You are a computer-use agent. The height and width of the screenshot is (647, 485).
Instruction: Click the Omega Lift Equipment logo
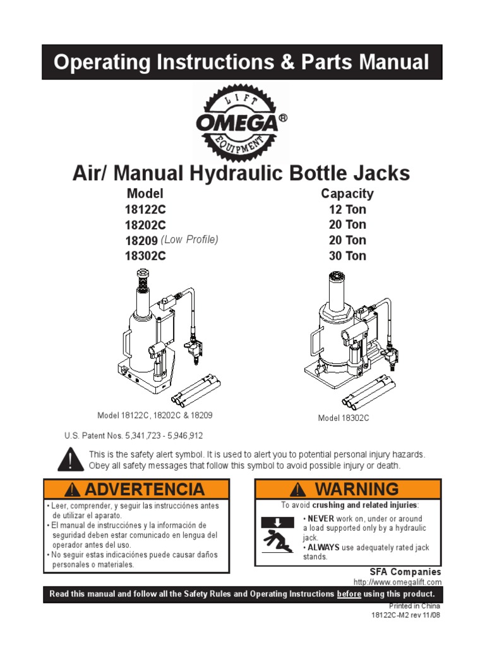point(241,122)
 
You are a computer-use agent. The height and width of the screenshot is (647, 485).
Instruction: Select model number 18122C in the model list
point(145,210)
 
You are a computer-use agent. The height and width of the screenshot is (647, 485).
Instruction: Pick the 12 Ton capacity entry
point(347,209)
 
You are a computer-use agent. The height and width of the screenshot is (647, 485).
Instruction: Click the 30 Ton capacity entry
point(347,256)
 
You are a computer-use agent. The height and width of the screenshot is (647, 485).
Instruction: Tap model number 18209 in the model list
point(141,241)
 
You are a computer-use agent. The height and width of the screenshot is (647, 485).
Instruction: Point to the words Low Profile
point(189,239)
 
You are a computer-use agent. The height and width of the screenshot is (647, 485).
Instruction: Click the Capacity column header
point(347,194)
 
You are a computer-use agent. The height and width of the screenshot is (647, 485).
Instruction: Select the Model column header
point(145,193)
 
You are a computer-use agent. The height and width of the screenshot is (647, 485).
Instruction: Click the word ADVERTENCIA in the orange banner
point(145,490)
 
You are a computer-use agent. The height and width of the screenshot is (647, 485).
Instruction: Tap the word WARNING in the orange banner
point(357,489)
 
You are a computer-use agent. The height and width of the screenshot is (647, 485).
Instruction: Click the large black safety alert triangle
point(71,459)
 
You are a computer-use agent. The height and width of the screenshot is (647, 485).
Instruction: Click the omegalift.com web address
point(397,582)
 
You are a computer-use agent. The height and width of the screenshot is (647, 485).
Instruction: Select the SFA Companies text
point(405,572)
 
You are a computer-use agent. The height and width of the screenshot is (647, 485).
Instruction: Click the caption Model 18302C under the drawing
point(344,418)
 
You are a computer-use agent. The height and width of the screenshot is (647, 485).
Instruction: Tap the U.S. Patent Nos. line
point(134,436)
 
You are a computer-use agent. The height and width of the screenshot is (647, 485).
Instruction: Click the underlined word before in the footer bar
point(349,594)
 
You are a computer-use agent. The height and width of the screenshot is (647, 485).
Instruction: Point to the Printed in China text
point(414,606)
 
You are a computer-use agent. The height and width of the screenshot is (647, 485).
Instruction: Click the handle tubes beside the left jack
point(196,389)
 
